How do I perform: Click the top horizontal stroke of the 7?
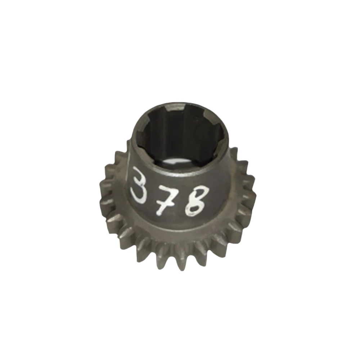click(x=170, y=189)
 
